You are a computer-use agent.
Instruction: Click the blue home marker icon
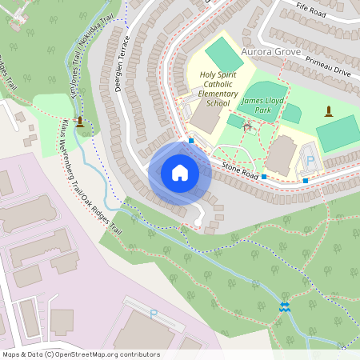[179, 173]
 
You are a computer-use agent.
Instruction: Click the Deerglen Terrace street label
[122, 62]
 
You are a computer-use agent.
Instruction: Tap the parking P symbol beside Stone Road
[310, 161]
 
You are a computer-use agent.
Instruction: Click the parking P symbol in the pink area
[153, 314]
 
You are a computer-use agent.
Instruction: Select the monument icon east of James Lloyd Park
[328, 110]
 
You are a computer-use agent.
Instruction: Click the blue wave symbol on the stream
[284, 307]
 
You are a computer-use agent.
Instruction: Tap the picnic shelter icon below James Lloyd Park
[247, 126]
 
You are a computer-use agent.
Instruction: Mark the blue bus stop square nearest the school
[191, 141]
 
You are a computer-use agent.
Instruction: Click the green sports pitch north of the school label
[223, 54]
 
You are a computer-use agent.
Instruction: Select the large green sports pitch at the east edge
[338, 133]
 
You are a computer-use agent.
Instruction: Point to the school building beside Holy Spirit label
[206, 118]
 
